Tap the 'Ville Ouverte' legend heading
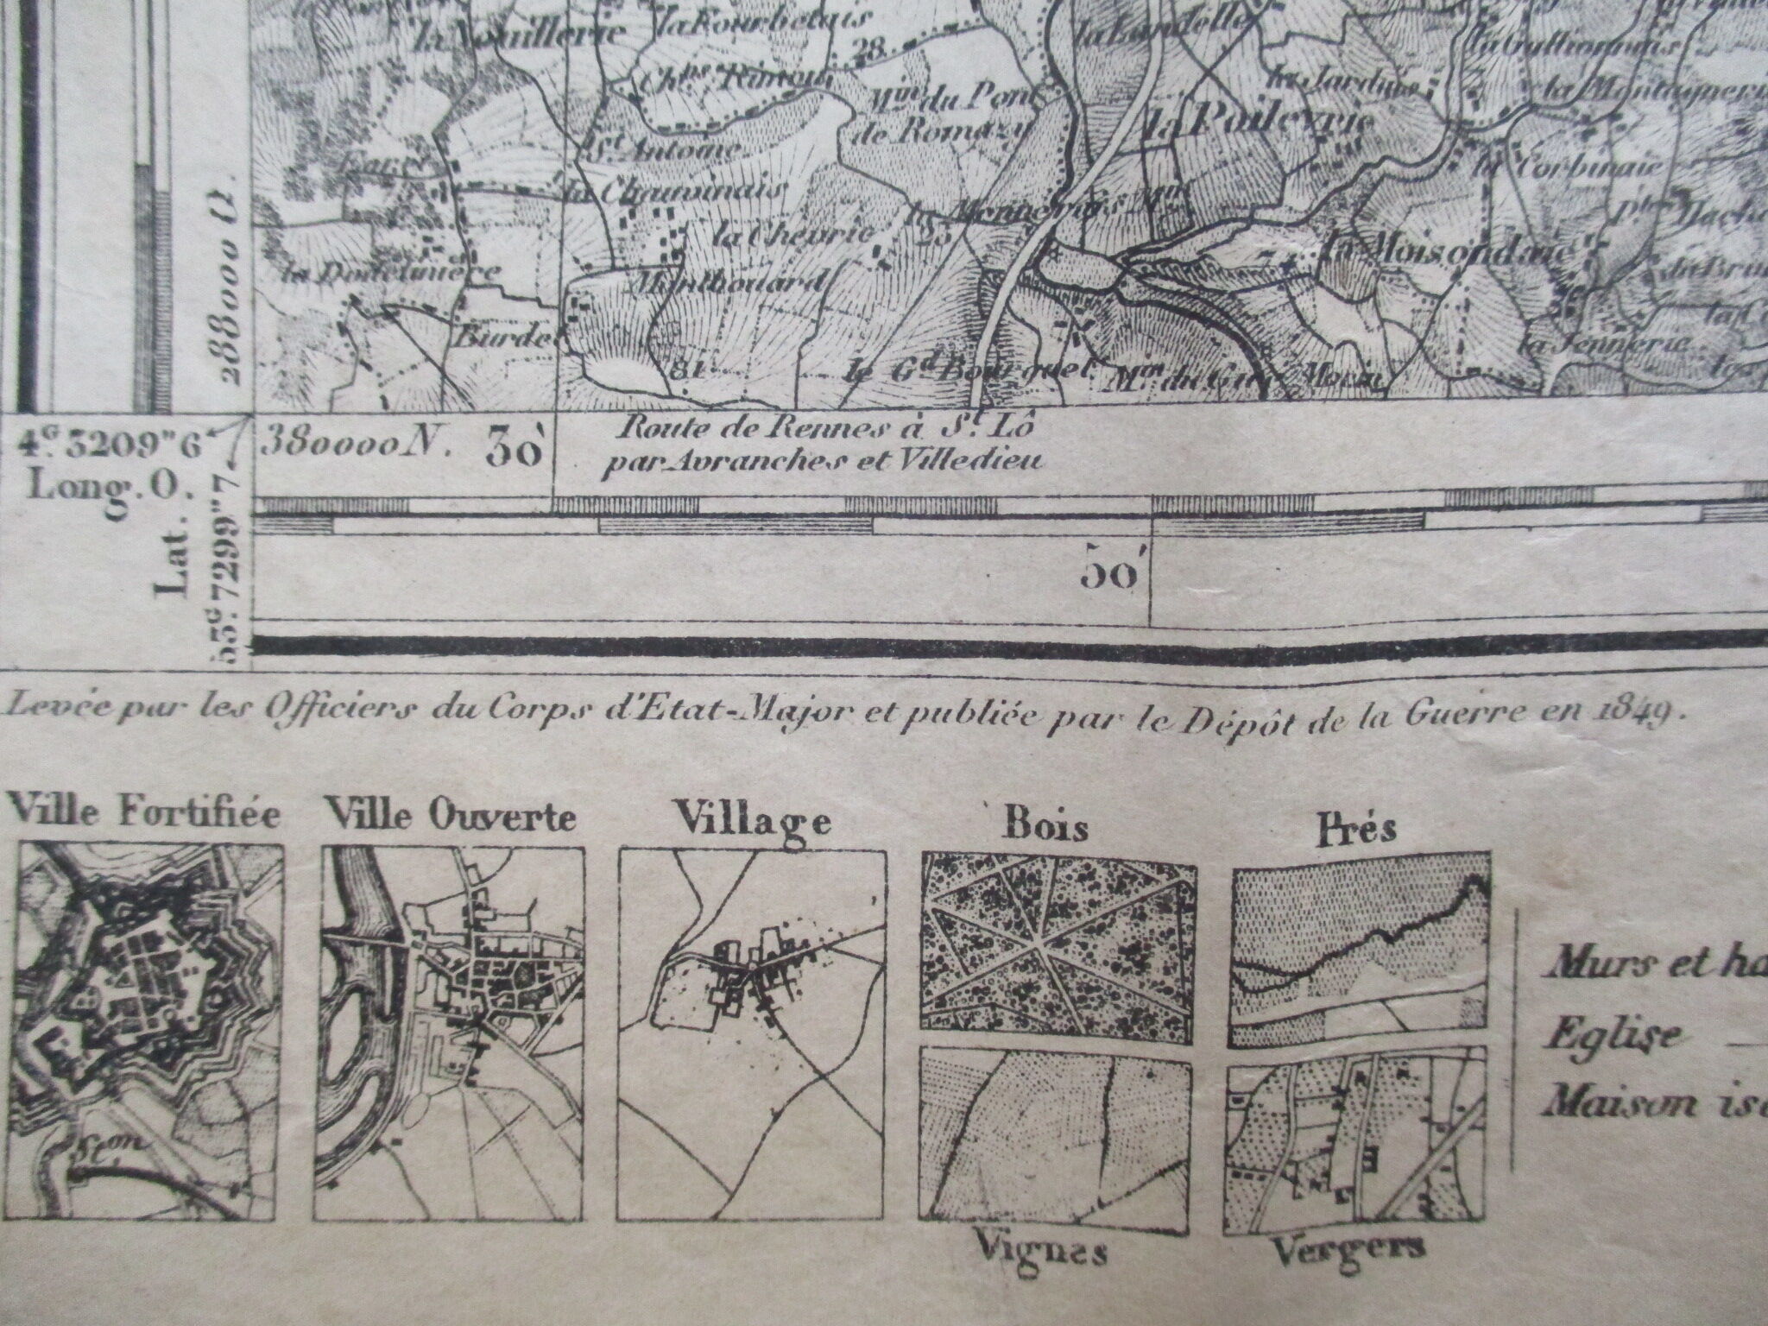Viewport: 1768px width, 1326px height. [x=449, y=817]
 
